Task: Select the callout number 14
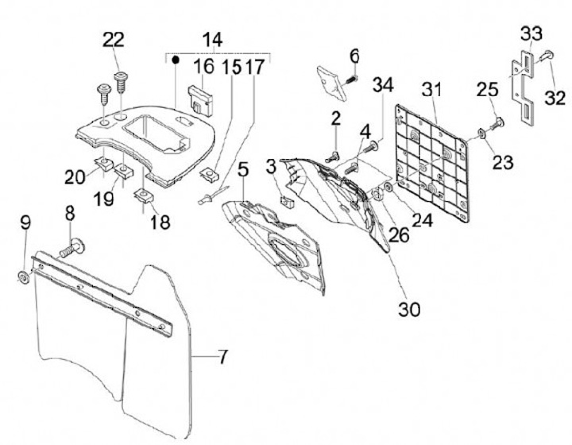pyautogui.click(x=212, y=39)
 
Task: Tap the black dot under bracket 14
pyautogui.click(x=176, y=61)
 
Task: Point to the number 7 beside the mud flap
pyautogui.click(x=223, y=358)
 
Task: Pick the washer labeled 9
pyautogui.click(x=24, y=276)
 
